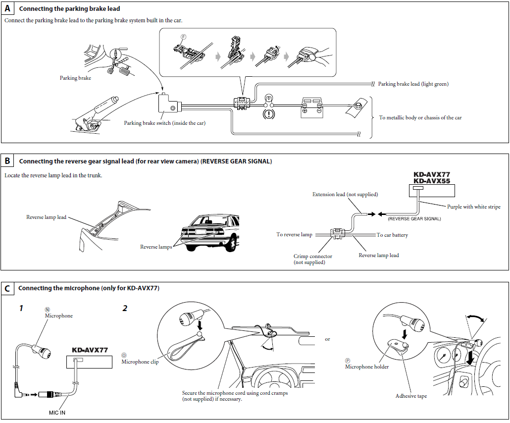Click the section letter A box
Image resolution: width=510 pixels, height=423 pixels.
pyautogui.click(x=7, y=8)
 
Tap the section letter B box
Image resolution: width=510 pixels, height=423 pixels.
pyautogui.click(x=7, y=160)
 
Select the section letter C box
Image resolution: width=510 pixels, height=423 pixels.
pyautogui.click(x=7, y=288)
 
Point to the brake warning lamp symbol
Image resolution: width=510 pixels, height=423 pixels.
pyautogui.click(x=269, y=112)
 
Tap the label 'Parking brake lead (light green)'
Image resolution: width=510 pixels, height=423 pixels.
pyautogui.click(x=413, y=84)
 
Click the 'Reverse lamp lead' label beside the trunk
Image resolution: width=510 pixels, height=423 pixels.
pyautogui.click(x=46, y=217)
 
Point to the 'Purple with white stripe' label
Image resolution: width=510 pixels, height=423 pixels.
pyautogui.click(x=473, y=207)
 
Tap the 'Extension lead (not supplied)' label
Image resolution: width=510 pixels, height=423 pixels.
pyautogui.click(x=345, y=195)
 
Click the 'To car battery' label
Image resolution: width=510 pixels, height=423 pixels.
pyautogui.click(x=392, y=235)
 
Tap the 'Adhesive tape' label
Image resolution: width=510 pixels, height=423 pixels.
pyautogui.click(x=411, y=396)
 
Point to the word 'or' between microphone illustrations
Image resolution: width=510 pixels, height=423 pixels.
pyautogui.click(x=327, y=339)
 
